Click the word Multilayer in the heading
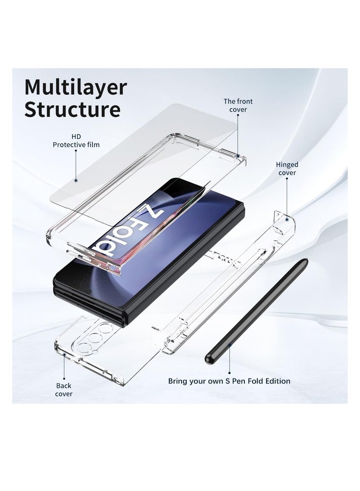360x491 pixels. point(76,88)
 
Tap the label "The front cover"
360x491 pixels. point(238,105)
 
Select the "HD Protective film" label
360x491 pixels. point(76,140)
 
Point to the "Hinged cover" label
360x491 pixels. point(287,168)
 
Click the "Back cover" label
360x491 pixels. point(63,390)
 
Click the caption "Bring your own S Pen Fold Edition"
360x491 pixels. point(229,381)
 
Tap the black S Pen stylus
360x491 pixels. point(256,311)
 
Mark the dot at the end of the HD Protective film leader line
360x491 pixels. point(76,180)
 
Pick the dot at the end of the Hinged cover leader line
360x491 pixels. point(287,220)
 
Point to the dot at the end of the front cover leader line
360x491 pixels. point(238,155)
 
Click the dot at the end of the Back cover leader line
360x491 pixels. point(64,355)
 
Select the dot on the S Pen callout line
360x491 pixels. point(229,344)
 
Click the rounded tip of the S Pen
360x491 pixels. point(208,361)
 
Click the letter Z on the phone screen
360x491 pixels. point(153,212)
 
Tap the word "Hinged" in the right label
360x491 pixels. point(287,165)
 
